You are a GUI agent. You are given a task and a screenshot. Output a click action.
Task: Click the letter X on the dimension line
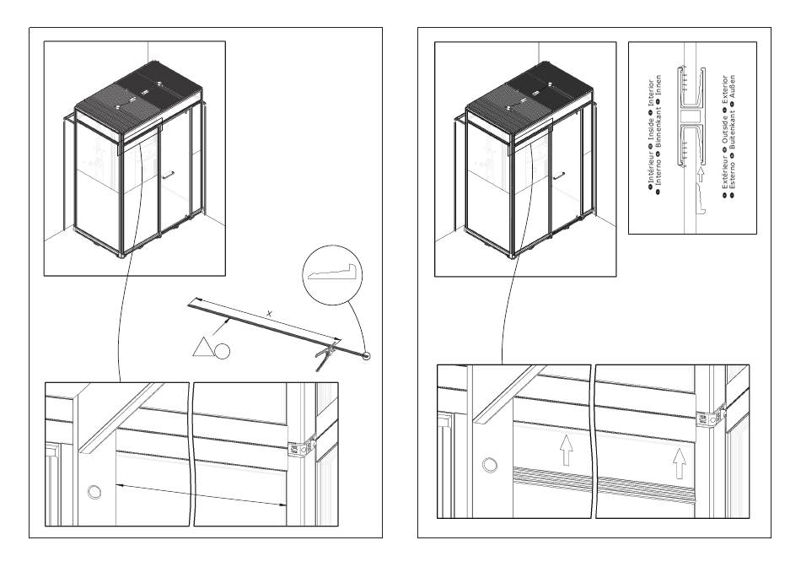point(269,314)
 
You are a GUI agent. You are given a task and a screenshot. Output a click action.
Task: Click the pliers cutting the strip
point(325,355)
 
